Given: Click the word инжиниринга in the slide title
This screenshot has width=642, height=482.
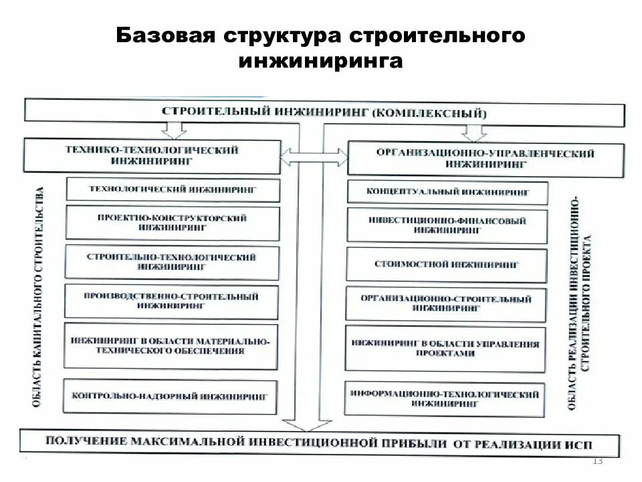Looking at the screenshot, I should click(x=320, y=61).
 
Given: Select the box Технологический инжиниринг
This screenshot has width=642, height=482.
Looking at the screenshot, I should click(x=172, y=189).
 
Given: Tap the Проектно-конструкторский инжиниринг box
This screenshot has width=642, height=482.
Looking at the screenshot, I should click(x=172, y=223).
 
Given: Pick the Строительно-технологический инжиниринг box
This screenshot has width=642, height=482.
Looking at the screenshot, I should click(x=172, y=261).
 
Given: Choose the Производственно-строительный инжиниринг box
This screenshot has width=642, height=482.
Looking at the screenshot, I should click(x=172, y=301).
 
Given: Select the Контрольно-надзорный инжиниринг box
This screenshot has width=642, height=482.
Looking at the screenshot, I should click(x=172, y=396).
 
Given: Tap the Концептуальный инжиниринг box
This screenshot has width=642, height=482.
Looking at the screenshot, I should click(x=447, y=193).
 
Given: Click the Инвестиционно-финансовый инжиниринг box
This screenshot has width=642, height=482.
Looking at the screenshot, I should click(x=447, y=225).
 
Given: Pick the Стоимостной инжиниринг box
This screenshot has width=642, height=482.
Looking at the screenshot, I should click(x=447, y=264).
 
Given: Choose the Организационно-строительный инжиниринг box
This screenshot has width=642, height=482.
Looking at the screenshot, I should click(x=447, y=303).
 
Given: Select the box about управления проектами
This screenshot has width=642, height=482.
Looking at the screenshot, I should click(x=447, y=348).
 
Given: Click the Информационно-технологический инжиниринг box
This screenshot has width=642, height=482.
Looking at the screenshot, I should click(x=447, y=399).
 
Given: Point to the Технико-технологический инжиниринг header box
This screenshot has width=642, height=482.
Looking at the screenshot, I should click(x=151, y=156).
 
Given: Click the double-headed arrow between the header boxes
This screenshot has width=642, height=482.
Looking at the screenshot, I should click(x=314, y=158).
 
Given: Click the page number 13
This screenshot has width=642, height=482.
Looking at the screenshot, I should click(x=597, y=461).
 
